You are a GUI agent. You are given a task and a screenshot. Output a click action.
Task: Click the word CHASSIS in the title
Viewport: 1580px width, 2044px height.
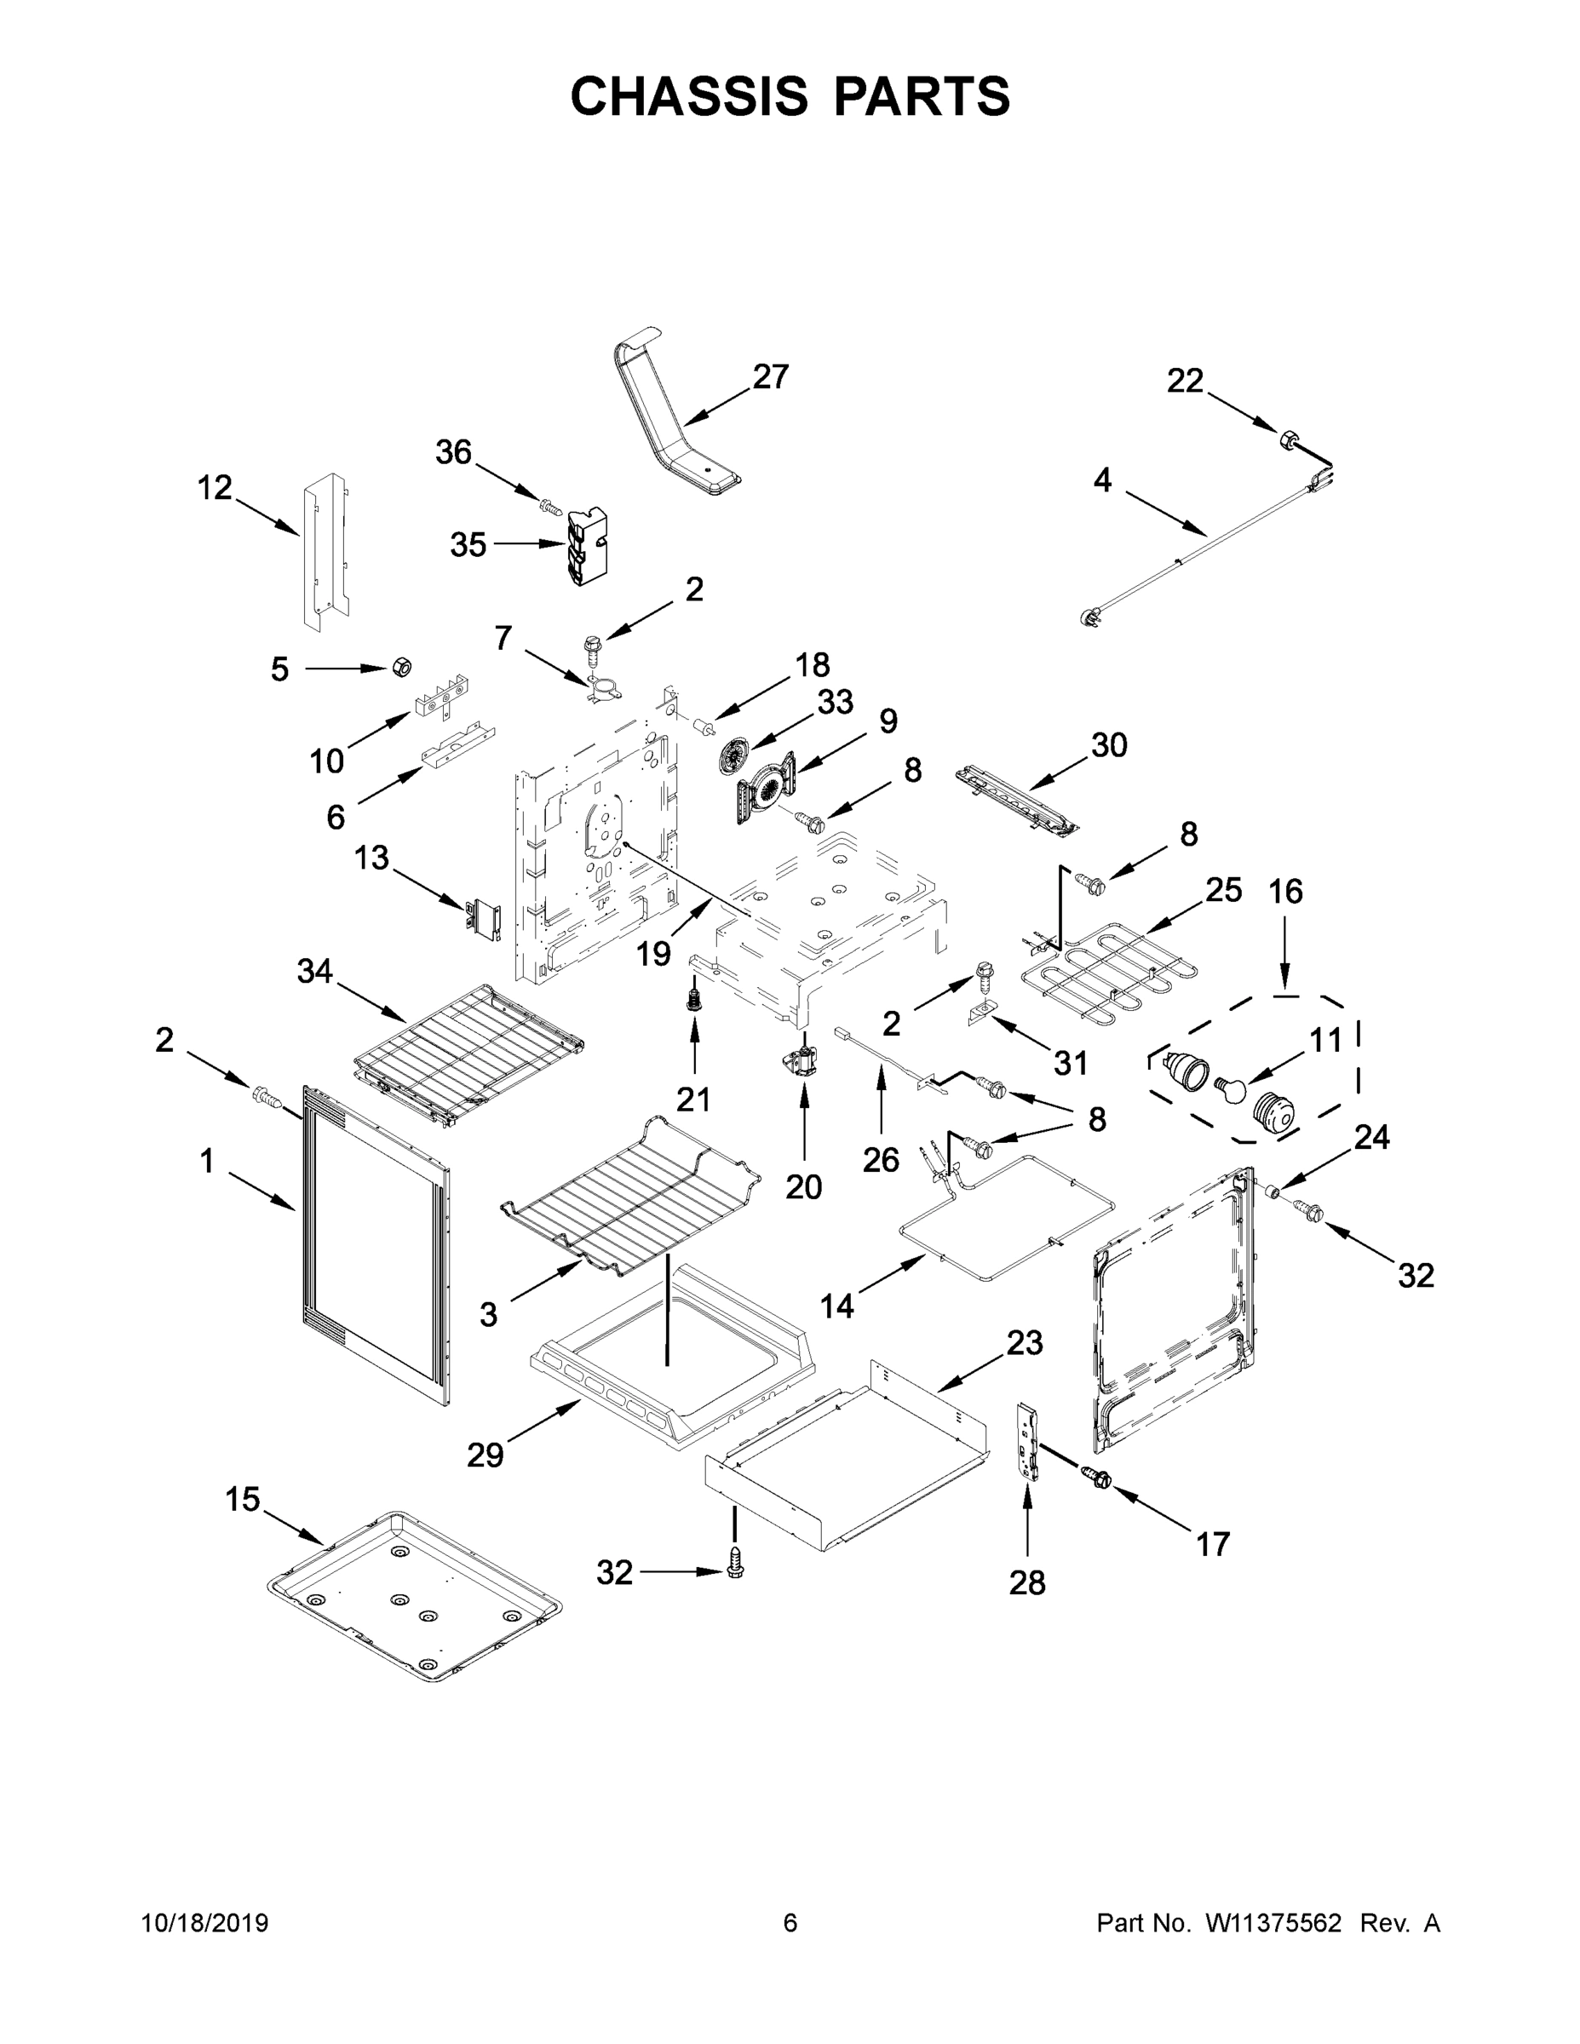point(689,96)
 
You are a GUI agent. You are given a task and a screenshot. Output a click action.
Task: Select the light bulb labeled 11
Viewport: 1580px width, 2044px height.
point(1230,1088)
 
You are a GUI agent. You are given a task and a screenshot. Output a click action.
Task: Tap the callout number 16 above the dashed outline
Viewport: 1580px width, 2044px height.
point(1285,891)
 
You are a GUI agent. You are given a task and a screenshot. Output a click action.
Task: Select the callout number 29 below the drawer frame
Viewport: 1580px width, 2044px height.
point(485,1455)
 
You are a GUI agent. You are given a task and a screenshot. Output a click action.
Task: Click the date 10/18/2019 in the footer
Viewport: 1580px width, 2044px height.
point(205,1922)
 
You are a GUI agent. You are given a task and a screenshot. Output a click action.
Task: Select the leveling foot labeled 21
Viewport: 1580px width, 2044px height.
point(693,999)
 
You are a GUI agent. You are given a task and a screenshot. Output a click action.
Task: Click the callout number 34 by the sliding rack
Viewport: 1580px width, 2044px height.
point(314,972)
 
